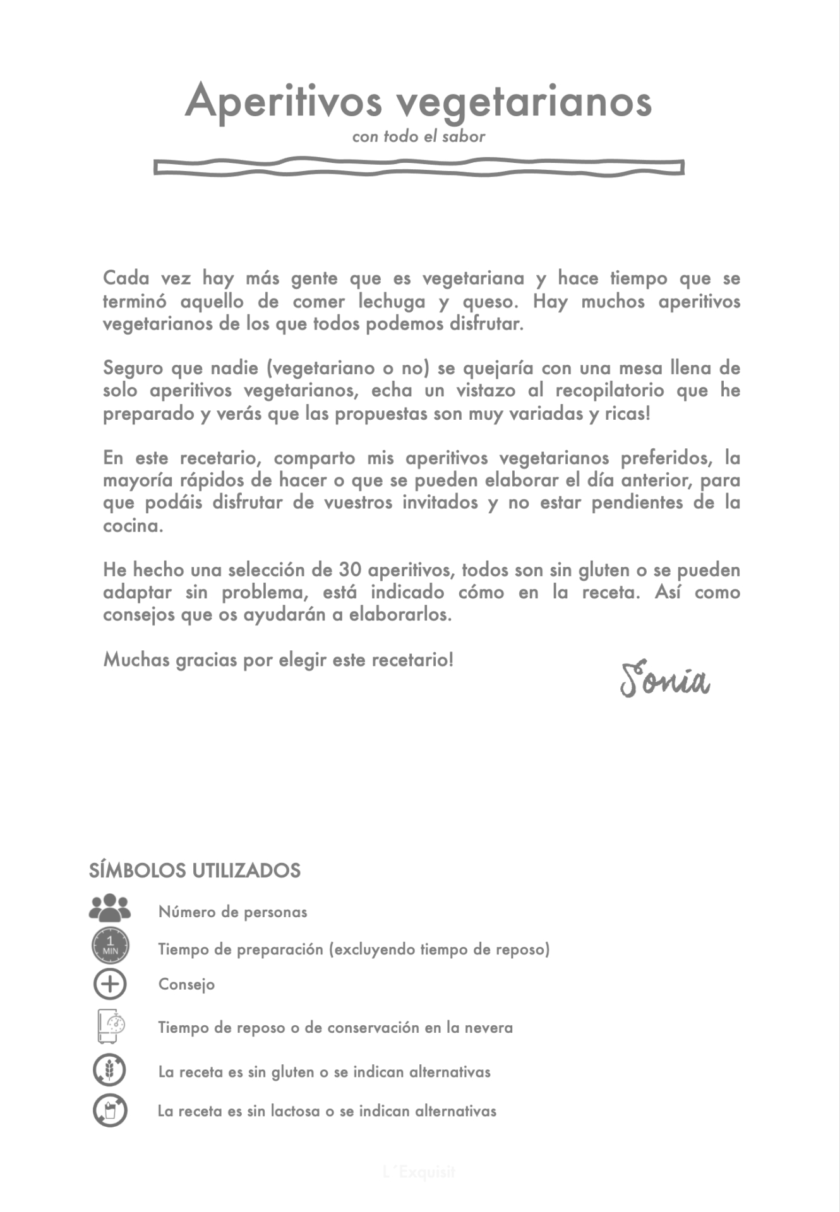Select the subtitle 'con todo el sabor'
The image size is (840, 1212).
419,136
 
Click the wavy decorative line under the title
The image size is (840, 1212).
419,167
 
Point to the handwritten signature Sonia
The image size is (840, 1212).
664,680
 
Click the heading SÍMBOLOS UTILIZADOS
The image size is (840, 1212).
195,870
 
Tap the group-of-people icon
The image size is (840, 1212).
110,908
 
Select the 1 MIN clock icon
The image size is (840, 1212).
110,946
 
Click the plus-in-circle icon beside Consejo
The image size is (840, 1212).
110,984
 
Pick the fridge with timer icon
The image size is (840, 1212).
110,1026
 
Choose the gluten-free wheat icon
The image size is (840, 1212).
110,1071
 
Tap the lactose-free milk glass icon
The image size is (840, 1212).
110,1110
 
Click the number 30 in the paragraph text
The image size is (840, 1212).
350,570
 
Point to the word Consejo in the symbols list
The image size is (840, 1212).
186,985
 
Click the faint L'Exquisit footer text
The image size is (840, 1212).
419,1172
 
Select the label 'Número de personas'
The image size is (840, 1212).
232,912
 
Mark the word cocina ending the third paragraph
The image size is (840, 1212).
133,526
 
